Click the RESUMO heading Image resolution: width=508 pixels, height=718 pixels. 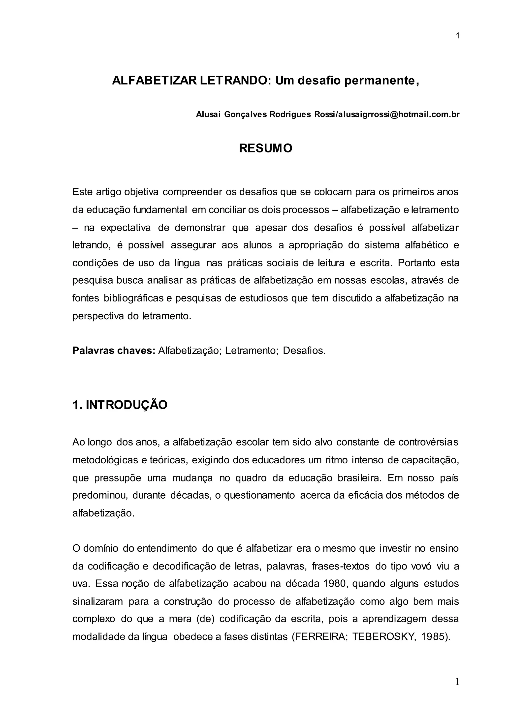(x=266, y=148)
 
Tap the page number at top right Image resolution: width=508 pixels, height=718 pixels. (x=458, y=36)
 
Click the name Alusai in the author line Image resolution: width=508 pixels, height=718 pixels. (x=208, y=115)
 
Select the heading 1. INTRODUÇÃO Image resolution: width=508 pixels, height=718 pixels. (x=120, y=405)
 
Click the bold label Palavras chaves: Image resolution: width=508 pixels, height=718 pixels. (x=114, y=351)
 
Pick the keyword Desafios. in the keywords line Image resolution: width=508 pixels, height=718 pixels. (x=304, y=351)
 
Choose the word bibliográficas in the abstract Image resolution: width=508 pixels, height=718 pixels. (x=133, y=298)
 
